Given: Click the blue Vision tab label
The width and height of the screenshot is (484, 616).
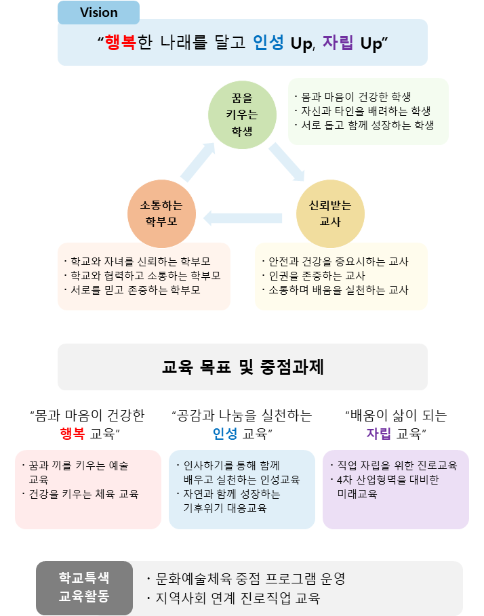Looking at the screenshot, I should [98, 12].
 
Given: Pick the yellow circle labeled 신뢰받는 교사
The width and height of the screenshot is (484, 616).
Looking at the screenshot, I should [331, 213].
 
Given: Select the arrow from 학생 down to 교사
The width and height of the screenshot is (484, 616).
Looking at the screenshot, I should [287, 163].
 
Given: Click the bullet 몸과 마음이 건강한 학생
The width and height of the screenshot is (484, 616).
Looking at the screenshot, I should [352, 97].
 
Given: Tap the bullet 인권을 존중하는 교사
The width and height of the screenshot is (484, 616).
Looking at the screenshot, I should [317, 276].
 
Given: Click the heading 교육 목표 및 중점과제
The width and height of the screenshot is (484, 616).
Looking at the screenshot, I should [243, 367].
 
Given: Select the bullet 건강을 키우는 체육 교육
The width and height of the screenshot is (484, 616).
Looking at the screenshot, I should [83, 493].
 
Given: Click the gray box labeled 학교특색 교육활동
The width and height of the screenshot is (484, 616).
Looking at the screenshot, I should [84, 587].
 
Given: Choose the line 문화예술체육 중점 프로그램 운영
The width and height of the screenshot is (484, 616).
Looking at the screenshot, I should [246, 579].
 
